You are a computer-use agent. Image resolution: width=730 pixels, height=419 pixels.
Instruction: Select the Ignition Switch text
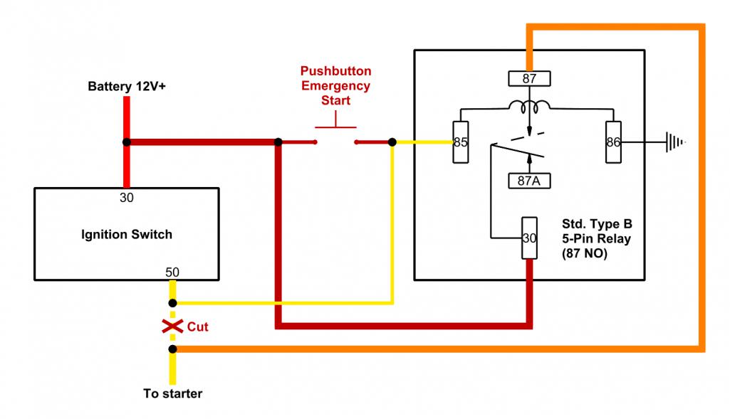[126, 234]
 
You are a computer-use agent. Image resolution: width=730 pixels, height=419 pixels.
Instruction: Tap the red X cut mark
[172, 327]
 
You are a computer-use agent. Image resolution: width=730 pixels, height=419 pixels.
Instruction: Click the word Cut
[197, 327]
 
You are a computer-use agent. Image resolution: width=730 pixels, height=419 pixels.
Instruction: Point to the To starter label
[172, 393]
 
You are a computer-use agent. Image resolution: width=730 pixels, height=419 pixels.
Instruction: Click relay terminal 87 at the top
[528, 79]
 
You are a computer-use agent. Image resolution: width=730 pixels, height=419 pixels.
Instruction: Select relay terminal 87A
[528, 181]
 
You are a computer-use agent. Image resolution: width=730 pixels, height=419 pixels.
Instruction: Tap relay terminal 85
[460, 142]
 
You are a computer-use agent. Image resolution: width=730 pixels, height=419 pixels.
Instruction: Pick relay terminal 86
[613, 142]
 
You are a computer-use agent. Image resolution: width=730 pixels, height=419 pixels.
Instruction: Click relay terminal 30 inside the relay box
[528, 238]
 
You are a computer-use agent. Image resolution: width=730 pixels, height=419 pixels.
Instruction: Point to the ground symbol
[674, 142]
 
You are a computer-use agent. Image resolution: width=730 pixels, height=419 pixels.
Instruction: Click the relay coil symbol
[528, 107]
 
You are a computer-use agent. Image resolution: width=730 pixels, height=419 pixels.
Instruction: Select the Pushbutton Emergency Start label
[335, 85]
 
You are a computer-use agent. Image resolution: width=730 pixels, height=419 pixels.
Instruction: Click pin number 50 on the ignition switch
[172, 272]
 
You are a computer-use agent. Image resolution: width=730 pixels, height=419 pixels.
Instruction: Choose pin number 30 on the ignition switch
[126, 198]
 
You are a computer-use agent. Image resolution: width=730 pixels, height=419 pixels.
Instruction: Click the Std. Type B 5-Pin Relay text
[596, 238]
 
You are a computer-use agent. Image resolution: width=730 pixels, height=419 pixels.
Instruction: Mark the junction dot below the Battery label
[126, 142]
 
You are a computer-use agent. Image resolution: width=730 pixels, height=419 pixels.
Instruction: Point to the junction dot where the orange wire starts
[172, 349]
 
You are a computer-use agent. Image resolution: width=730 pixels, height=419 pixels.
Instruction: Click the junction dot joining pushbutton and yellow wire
[392, 142]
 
